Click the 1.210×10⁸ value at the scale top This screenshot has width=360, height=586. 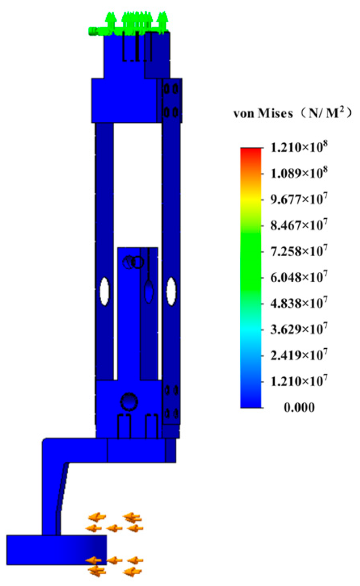(299, 147)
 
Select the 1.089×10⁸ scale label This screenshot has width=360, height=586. (299, 173)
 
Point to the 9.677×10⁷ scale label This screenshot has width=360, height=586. (299, 199)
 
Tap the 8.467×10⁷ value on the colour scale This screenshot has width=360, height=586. (299, 225)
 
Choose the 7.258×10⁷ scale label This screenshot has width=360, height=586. (299, 251)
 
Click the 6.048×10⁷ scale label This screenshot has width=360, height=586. (299, 276)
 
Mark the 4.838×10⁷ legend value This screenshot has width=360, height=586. (299, 303)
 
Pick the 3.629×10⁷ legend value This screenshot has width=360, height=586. (299, 329)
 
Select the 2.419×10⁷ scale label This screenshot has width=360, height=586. (299, 355)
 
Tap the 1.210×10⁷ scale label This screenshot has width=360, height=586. (299, 381)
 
